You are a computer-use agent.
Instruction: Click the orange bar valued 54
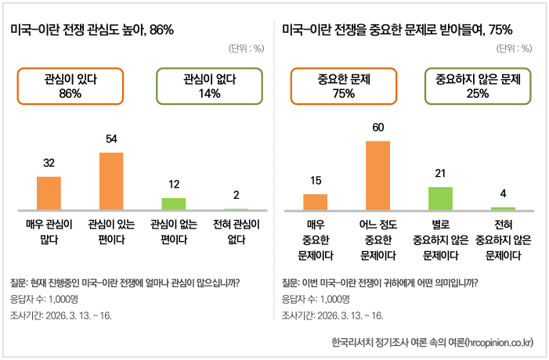point(111,181)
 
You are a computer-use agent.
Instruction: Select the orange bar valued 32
point(49,193)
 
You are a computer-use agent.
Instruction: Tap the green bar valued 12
point(174,203)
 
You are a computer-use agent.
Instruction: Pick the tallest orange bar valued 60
point(377,175)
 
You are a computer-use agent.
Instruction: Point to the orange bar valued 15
point(315,201)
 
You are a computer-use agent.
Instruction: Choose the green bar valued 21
point(440,198)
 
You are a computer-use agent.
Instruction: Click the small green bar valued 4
point(503,208)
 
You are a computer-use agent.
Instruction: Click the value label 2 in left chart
point(237,195)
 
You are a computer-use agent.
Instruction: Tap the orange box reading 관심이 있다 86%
point(70,86)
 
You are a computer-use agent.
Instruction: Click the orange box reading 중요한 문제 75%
point(344,86)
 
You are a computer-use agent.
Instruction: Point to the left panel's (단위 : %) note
point(247,49)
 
